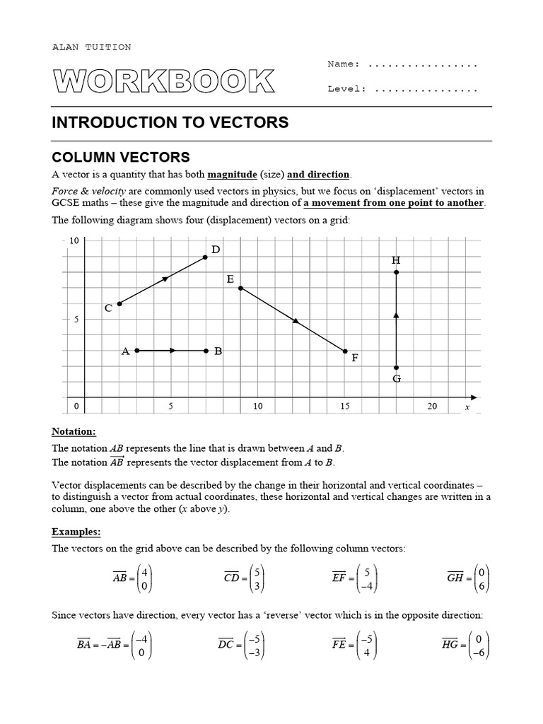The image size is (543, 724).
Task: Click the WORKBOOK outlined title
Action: [x=163, y=82]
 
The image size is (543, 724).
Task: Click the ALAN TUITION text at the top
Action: [x=91, y=47]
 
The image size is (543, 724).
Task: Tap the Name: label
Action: [x=344, y=64]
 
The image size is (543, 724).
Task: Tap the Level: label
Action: [x=346, y=89]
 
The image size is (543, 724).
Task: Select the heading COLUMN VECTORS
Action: [x=121, y=157]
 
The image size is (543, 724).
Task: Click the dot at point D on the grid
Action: [x=206, y=257]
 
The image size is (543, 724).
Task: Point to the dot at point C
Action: [x=119, y=303]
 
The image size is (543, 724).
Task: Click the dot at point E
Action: [x=241, y=288]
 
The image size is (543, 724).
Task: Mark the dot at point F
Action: [x=345, y=351]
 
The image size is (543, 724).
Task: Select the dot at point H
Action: [x=397, y=272]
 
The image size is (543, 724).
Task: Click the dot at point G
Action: [x=397, y=367]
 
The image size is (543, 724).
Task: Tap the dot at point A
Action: [x=137, y=351]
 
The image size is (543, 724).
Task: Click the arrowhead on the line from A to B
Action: [x=172, y=351]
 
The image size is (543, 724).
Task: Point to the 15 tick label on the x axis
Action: [x=345, y=406]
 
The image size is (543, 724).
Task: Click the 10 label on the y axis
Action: [x=74, y=241]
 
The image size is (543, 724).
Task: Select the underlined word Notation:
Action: [x=74, y=431]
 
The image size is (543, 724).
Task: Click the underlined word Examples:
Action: [x=76, y=531]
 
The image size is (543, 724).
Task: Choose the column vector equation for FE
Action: [x=355, y=644]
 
